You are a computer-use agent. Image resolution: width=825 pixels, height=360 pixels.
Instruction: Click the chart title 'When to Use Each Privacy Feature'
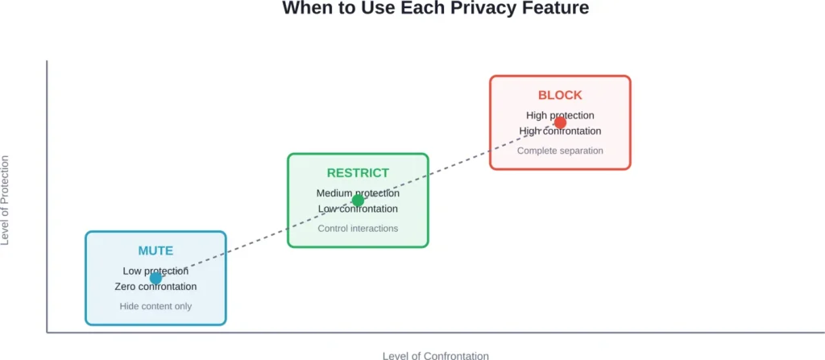435,9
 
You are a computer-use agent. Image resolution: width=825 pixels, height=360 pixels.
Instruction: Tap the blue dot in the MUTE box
155,279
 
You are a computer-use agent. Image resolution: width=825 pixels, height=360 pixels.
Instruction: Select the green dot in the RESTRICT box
358,201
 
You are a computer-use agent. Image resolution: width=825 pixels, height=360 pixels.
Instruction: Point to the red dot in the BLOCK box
560,122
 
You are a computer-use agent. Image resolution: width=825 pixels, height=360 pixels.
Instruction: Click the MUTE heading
155,250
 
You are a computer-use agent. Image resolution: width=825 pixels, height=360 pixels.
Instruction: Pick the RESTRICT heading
358,173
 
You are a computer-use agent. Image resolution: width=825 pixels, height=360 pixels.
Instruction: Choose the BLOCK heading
560,95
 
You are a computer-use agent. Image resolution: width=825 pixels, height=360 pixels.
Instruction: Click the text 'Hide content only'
155,306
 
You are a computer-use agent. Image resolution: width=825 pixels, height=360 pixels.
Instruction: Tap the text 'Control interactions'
358,228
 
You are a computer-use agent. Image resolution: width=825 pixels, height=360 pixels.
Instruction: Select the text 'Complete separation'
560,151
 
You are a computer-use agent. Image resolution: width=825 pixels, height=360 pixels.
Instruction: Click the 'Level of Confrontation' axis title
435,354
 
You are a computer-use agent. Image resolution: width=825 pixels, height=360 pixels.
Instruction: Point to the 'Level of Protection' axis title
6,200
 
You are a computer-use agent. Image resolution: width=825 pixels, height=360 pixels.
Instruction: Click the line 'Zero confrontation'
155,287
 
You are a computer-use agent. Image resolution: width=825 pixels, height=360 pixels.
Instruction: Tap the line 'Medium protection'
358,193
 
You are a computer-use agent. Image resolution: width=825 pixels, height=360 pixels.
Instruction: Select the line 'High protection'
560,115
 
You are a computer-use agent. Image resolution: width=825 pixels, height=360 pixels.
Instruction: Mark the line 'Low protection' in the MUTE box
155,271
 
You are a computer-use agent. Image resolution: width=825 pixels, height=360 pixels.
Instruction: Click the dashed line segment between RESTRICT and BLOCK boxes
459,161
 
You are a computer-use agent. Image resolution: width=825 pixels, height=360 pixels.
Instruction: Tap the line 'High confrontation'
560,131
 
